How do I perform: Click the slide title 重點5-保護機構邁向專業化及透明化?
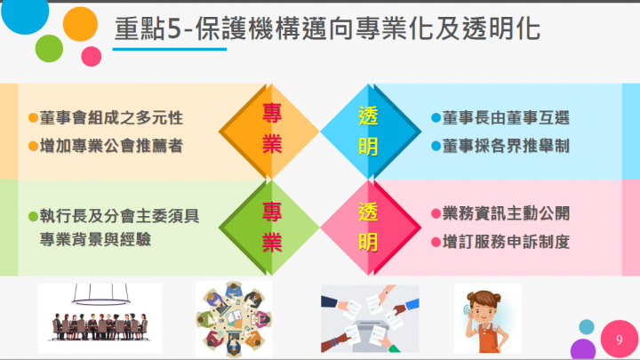click(x=327, y=30)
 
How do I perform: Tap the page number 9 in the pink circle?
click(x=618, y=339)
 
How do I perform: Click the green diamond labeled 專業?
click(x=271, y=225)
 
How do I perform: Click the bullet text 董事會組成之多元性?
click(x=111, y=118)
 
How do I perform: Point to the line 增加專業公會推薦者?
click(x=111, y=146)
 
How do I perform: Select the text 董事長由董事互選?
click(x=506, y=118)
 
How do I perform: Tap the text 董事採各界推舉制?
click(x=506, y=145)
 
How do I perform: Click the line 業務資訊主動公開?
click(x=506, y=213)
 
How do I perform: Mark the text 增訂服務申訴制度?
click(x=506, y=241)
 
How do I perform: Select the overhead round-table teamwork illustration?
click(x=233, y=318)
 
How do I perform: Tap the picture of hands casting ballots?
click(x=369, y=318)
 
